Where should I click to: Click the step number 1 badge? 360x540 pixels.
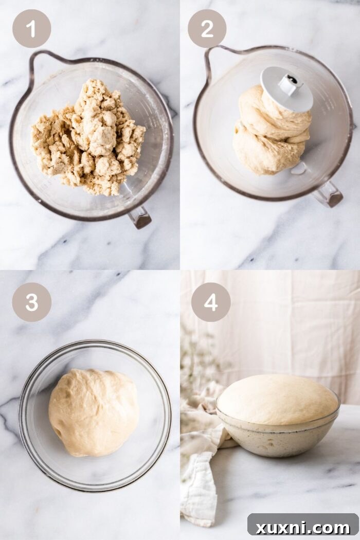pyautogui.click(x=31, y=29)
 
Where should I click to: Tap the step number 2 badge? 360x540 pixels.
pyautogui.click(x=207, y=29)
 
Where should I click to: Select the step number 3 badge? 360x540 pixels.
pyautogui.click(x=31, y=302)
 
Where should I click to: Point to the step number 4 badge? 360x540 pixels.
pyautogui.click(x=211, y=302)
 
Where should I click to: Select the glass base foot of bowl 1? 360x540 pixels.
pyautogui.click(x=140, y=217)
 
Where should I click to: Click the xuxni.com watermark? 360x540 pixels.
pyautogui.click(x=302, y=527)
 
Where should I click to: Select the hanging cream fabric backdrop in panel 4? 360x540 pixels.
pyautogui.click(x=288, y=319)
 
